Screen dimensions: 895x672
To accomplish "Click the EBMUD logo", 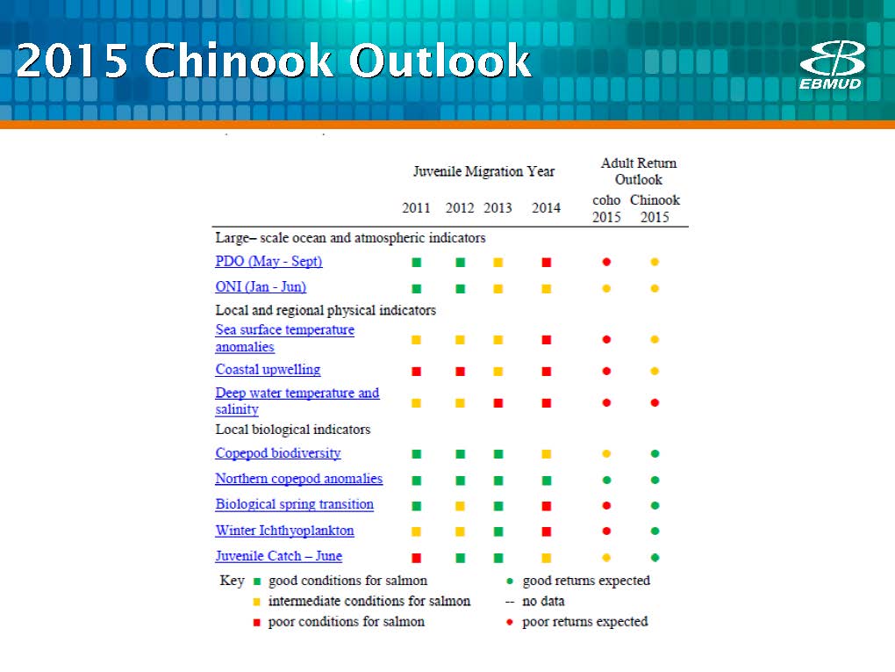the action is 831,65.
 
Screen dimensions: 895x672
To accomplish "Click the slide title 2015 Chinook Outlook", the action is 274,61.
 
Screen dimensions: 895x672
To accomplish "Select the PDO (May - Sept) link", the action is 268,262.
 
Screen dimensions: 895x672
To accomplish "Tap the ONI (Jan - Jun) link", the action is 261,287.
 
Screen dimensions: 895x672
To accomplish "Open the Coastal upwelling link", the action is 268,370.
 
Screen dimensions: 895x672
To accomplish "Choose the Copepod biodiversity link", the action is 278,453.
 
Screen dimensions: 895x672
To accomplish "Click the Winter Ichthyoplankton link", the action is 285,531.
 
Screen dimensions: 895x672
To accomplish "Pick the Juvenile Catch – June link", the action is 278,556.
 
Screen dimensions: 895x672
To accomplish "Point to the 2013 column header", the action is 498,208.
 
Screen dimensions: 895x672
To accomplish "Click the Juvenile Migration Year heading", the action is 484,171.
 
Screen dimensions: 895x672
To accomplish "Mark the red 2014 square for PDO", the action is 547,263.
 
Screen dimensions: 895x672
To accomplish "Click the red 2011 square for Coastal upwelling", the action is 417,372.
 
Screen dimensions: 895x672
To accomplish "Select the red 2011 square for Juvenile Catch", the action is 417,558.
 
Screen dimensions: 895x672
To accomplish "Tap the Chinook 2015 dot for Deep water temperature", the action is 655,403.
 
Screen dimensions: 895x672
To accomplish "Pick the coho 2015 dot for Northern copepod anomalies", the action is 606,480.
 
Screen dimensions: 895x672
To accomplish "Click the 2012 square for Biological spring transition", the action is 460,506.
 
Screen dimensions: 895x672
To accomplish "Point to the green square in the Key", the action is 257,582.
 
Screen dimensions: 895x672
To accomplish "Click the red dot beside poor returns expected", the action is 510,622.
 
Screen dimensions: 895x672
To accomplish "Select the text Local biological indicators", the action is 293,430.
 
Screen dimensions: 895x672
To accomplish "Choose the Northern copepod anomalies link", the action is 299,479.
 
